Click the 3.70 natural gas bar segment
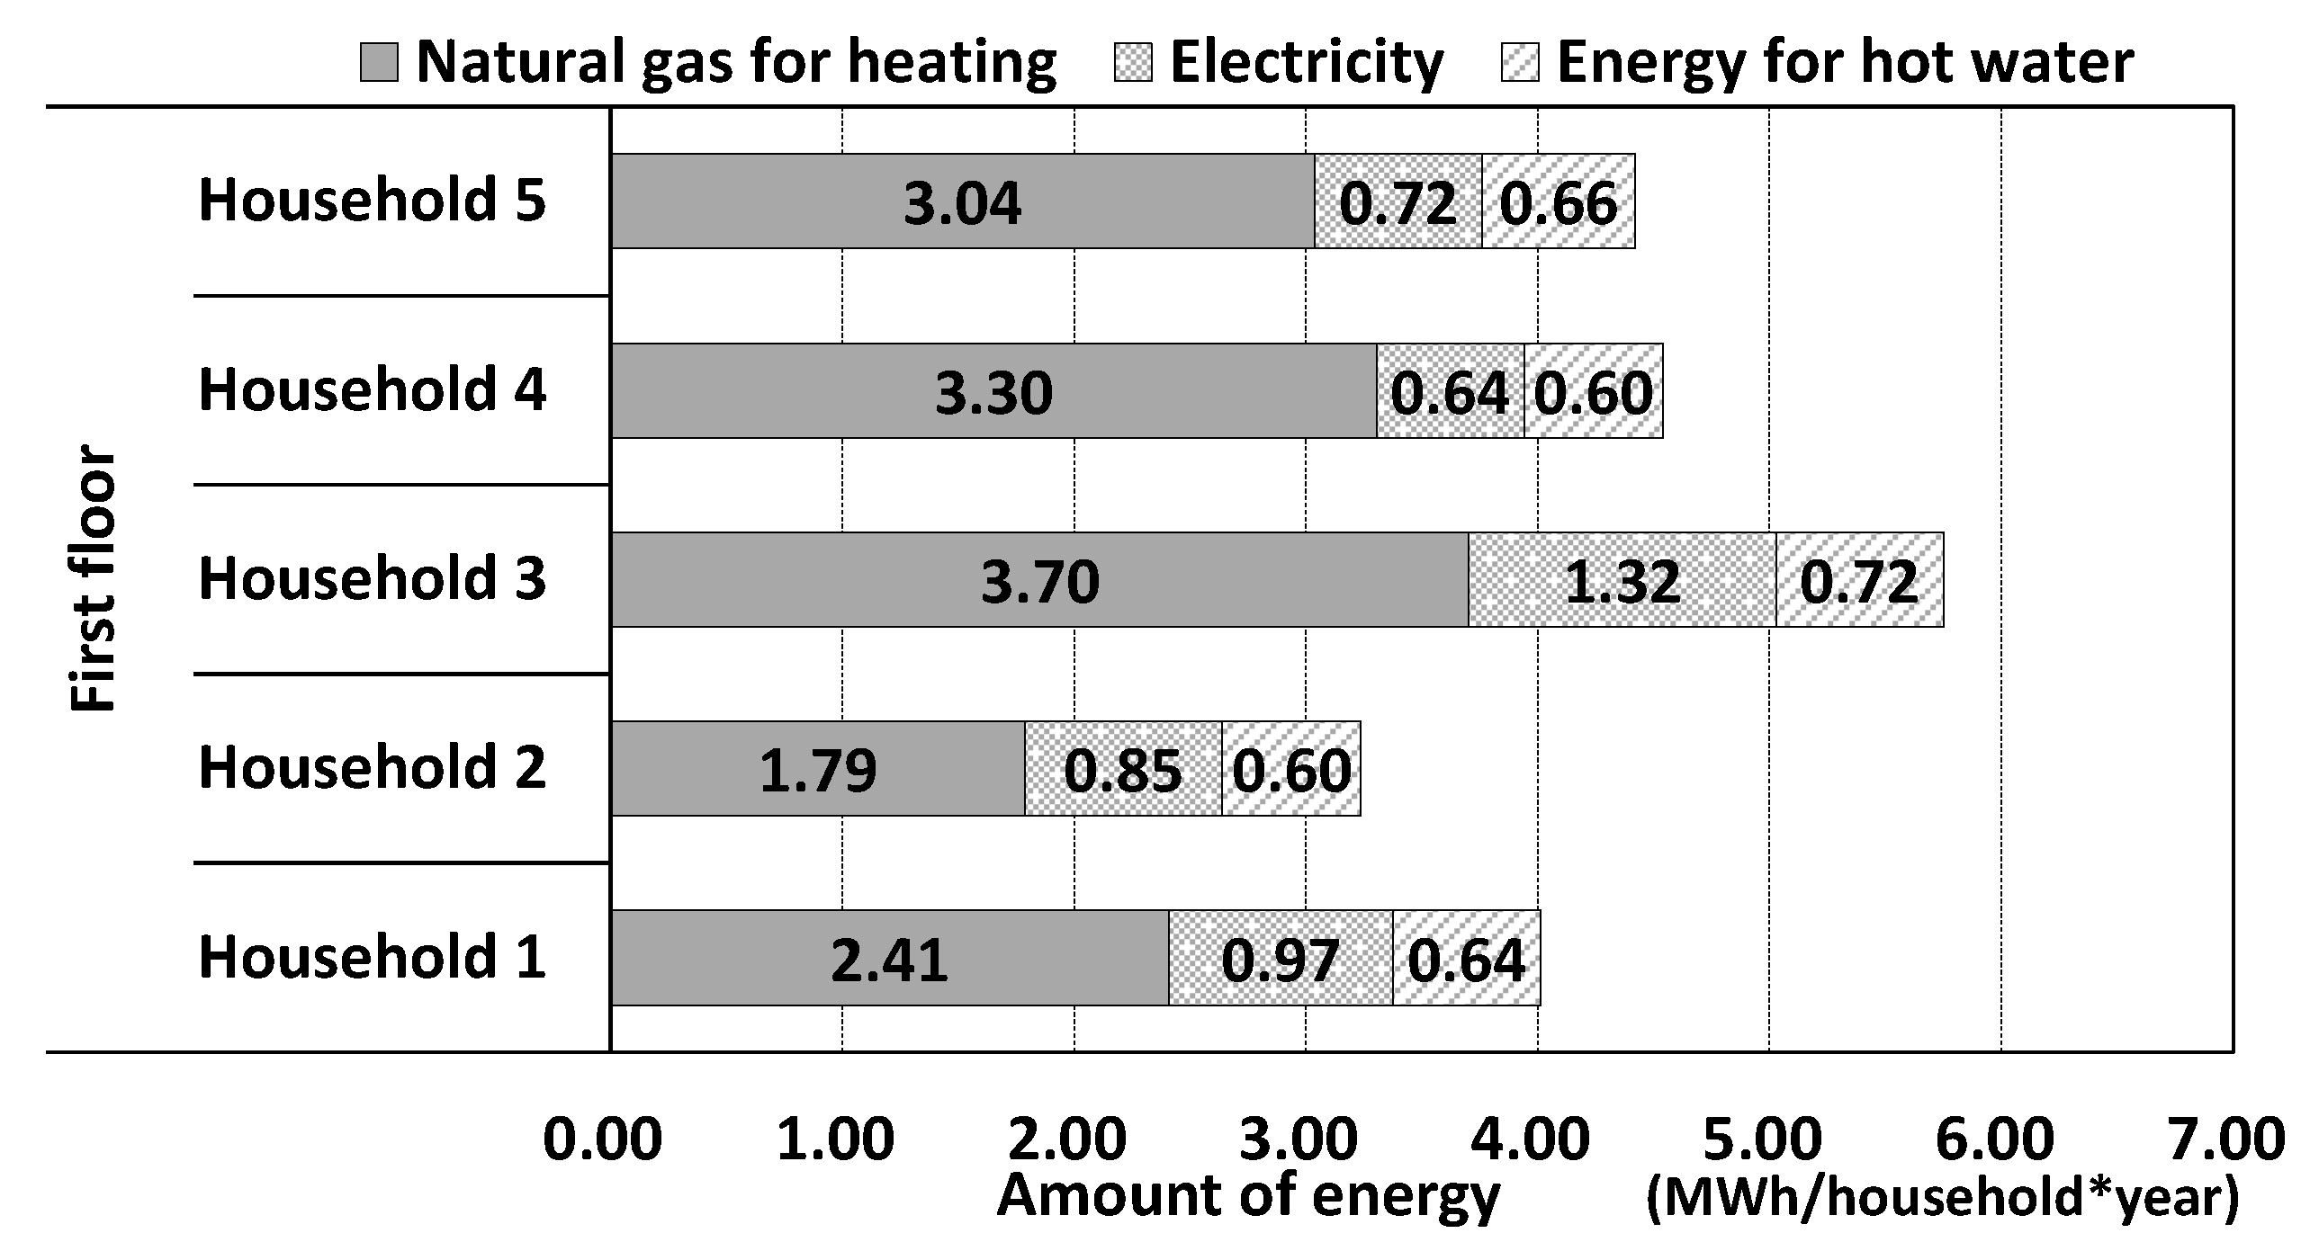click(x=1039, y=579)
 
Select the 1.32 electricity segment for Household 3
click(x=1622, y=579)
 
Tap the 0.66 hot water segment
click(x=1559, y=201)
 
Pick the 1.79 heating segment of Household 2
click(x=817, y=769)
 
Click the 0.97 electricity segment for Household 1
click(x=1281, y=958)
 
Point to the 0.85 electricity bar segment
click(x=1122, y=769)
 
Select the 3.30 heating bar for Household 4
click(x=993, y=390)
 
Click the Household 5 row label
click(x=372, y=200)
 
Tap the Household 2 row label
click(x=372, y=768)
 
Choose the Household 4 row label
click(x=372, y=389)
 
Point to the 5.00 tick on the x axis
click(x=1763, y=1139)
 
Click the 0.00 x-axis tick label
click(x=602, y=1139)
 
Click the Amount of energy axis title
click(x=1249, y=1197)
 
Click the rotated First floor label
click(x=93, y=577)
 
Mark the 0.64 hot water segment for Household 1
click(x=1467, y=958)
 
